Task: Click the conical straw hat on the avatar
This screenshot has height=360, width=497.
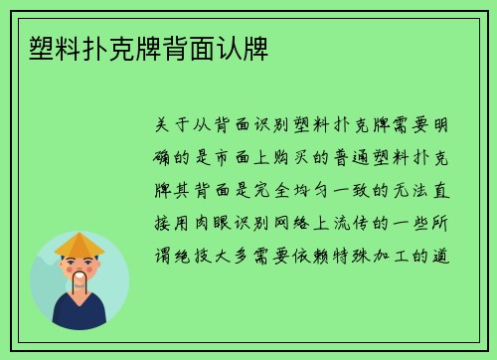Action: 79,245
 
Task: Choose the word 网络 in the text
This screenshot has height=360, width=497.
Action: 310,224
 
